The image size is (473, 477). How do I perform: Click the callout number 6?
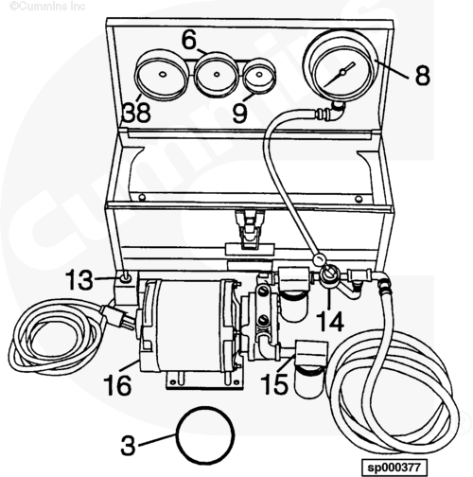click(189, 40)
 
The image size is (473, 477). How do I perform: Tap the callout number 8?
click(422, 75)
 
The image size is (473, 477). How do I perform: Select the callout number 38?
click(136, 113)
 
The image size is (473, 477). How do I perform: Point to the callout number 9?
click(239, 113)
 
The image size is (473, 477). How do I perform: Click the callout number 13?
click(79, 279)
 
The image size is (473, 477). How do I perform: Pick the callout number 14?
click(330, 321)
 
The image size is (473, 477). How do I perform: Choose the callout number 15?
click(274, 384)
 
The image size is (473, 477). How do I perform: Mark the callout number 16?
click(117, 385)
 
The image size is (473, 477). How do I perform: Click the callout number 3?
click(128, 445)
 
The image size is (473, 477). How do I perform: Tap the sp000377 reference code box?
click(394, 467)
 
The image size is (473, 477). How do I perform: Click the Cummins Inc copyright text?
click(47, 6)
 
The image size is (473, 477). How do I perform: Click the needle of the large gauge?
click(341, 74)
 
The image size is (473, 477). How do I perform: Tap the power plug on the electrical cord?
click(116, 315)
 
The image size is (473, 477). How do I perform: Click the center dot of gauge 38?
click(163, 75)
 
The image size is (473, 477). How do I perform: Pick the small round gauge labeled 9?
click(259, 76)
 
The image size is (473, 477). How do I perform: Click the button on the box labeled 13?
click(125, 277)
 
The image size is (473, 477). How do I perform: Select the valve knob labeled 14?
click(328, 274)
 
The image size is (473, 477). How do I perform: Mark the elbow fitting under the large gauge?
click(337, 111)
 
